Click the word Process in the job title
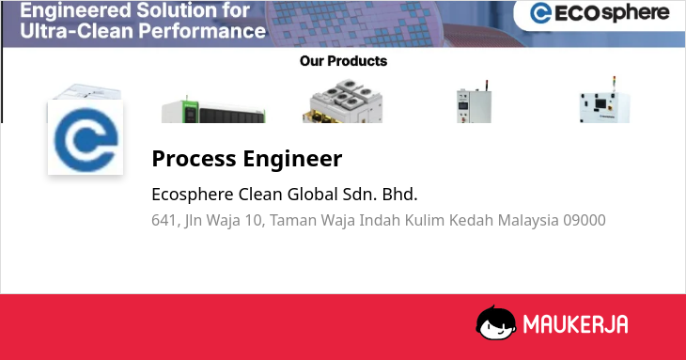click(x=194, y=158)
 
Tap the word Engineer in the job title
click(x=292, y=159)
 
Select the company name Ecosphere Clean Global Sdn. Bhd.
click(x=285, y=195)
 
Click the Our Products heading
click(x=343, y=61)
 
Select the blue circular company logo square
click(x=86, y=138)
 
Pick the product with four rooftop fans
click(x=343, y=101)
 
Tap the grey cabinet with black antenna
click(x=474, y=102)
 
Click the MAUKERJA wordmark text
click(x=576, y=324)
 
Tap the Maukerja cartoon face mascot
click(x=496, y=322)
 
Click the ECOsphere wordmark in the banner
click(x=612, y=13)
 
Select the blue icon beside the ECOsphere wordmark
click(x=540, y=13)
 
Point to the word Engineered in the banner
click(x=75, y=11)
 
